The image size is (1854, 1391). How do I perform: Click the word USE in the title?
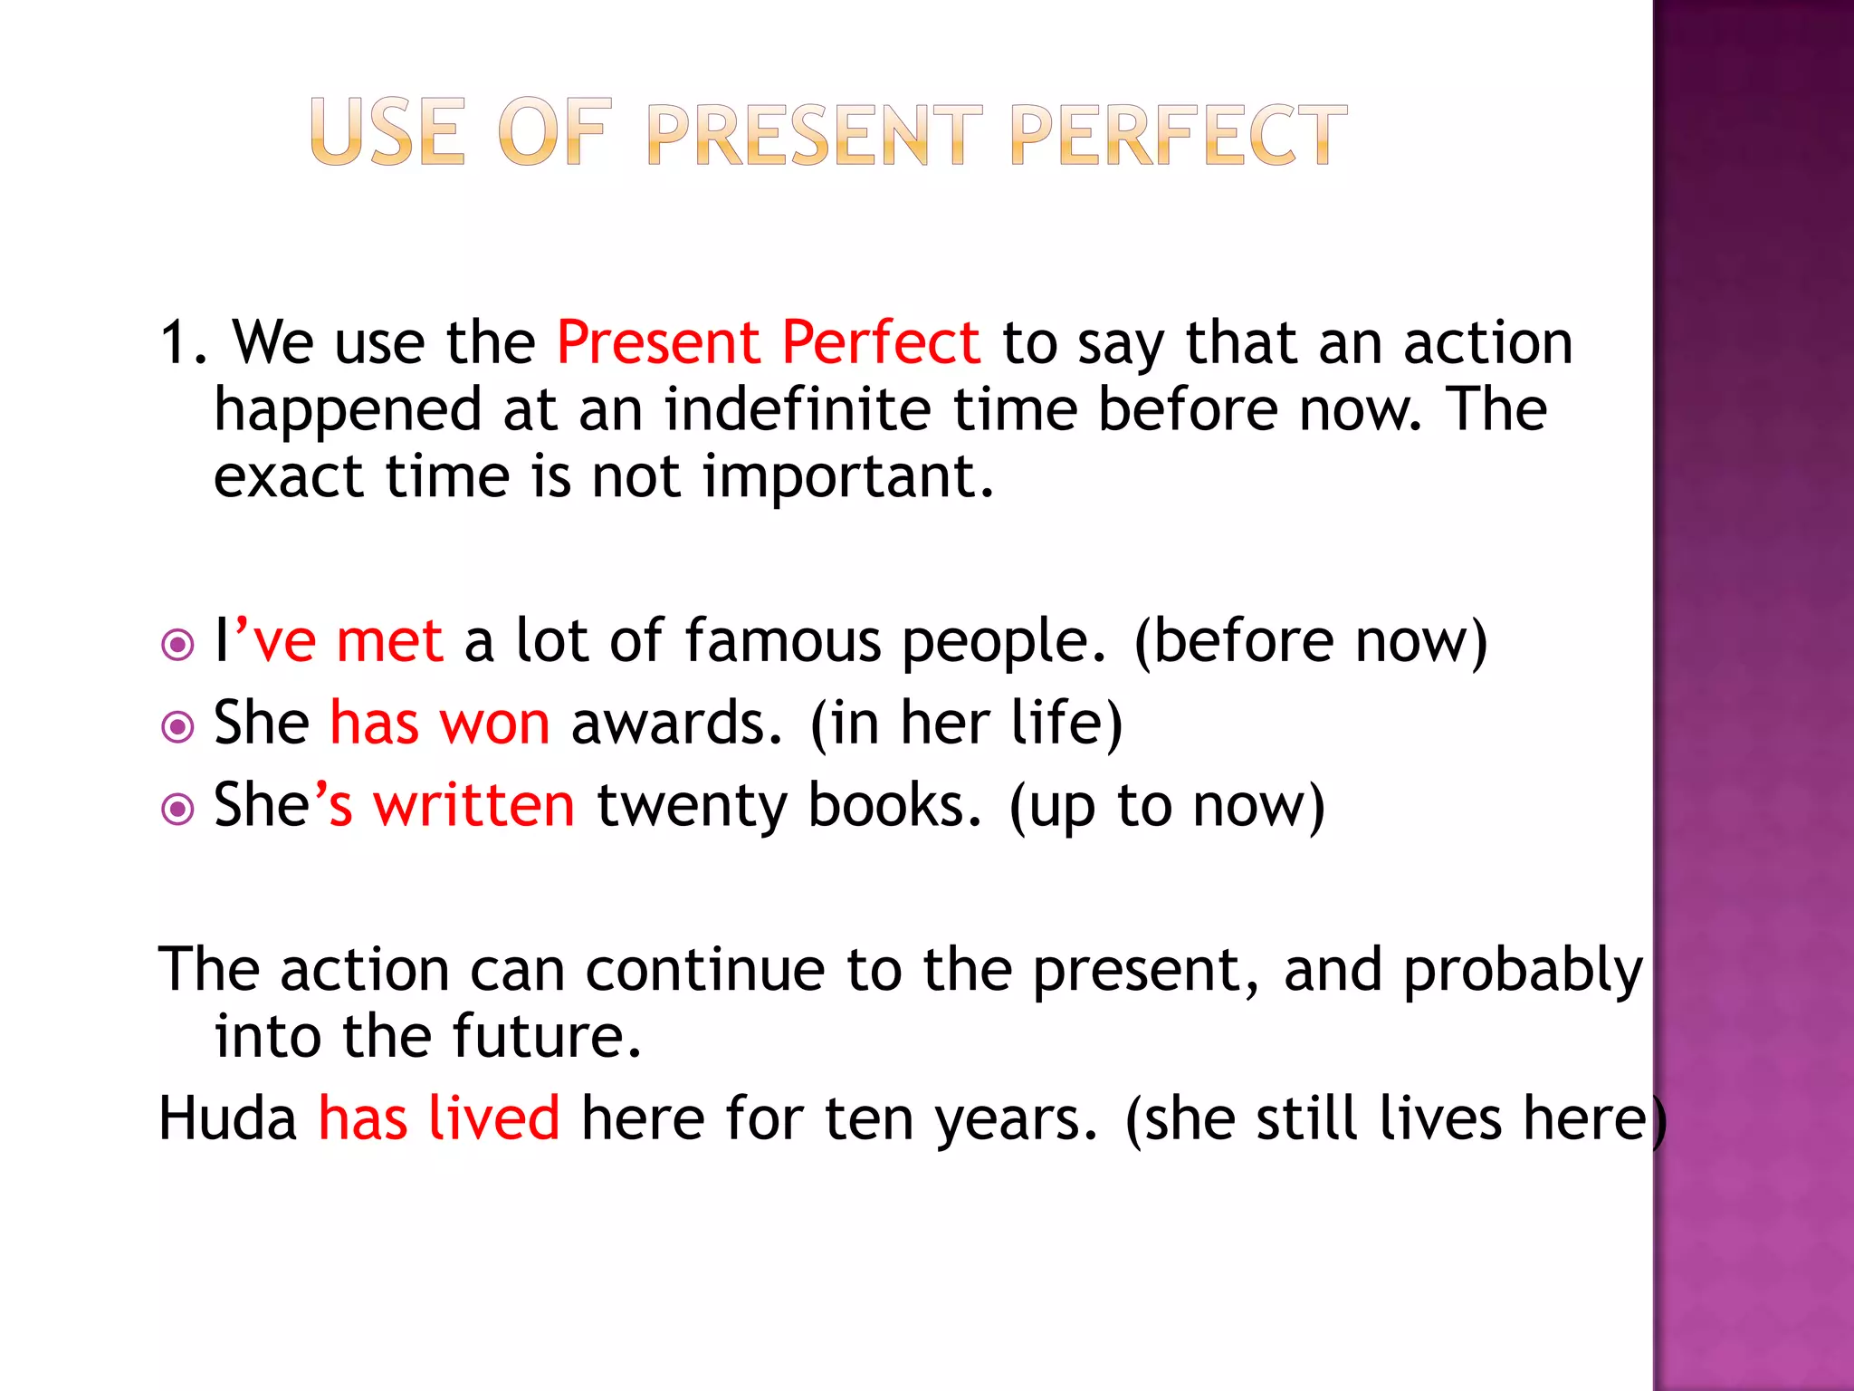click(387, 133)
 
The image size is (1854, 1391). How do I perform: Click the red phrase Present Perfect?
click(768, 343)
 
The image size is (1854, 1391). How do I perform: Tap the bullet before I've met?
click(177, 646)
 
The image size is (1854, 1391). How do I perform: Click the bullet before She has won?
click(177, 727)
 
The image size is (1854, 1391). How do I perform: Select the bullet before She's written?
click(177, 809)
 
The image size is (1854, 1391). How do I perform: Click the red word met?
click(389, 641)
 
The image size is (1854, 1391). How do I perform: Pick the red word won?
click(494, 724)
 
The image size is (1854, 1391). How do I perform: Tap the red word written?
click(474, 805)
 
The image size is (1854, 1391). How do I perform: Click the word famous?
click(782, 641)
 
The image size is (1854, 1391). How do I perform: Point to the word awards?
click(675, 724)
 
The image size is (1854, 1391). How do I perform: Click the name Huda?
click(227, 1118)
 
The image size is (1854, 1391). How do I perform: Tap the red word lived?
click(493, 1118)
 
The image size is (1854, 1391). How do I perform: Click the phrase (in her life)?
click(965, 724)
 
